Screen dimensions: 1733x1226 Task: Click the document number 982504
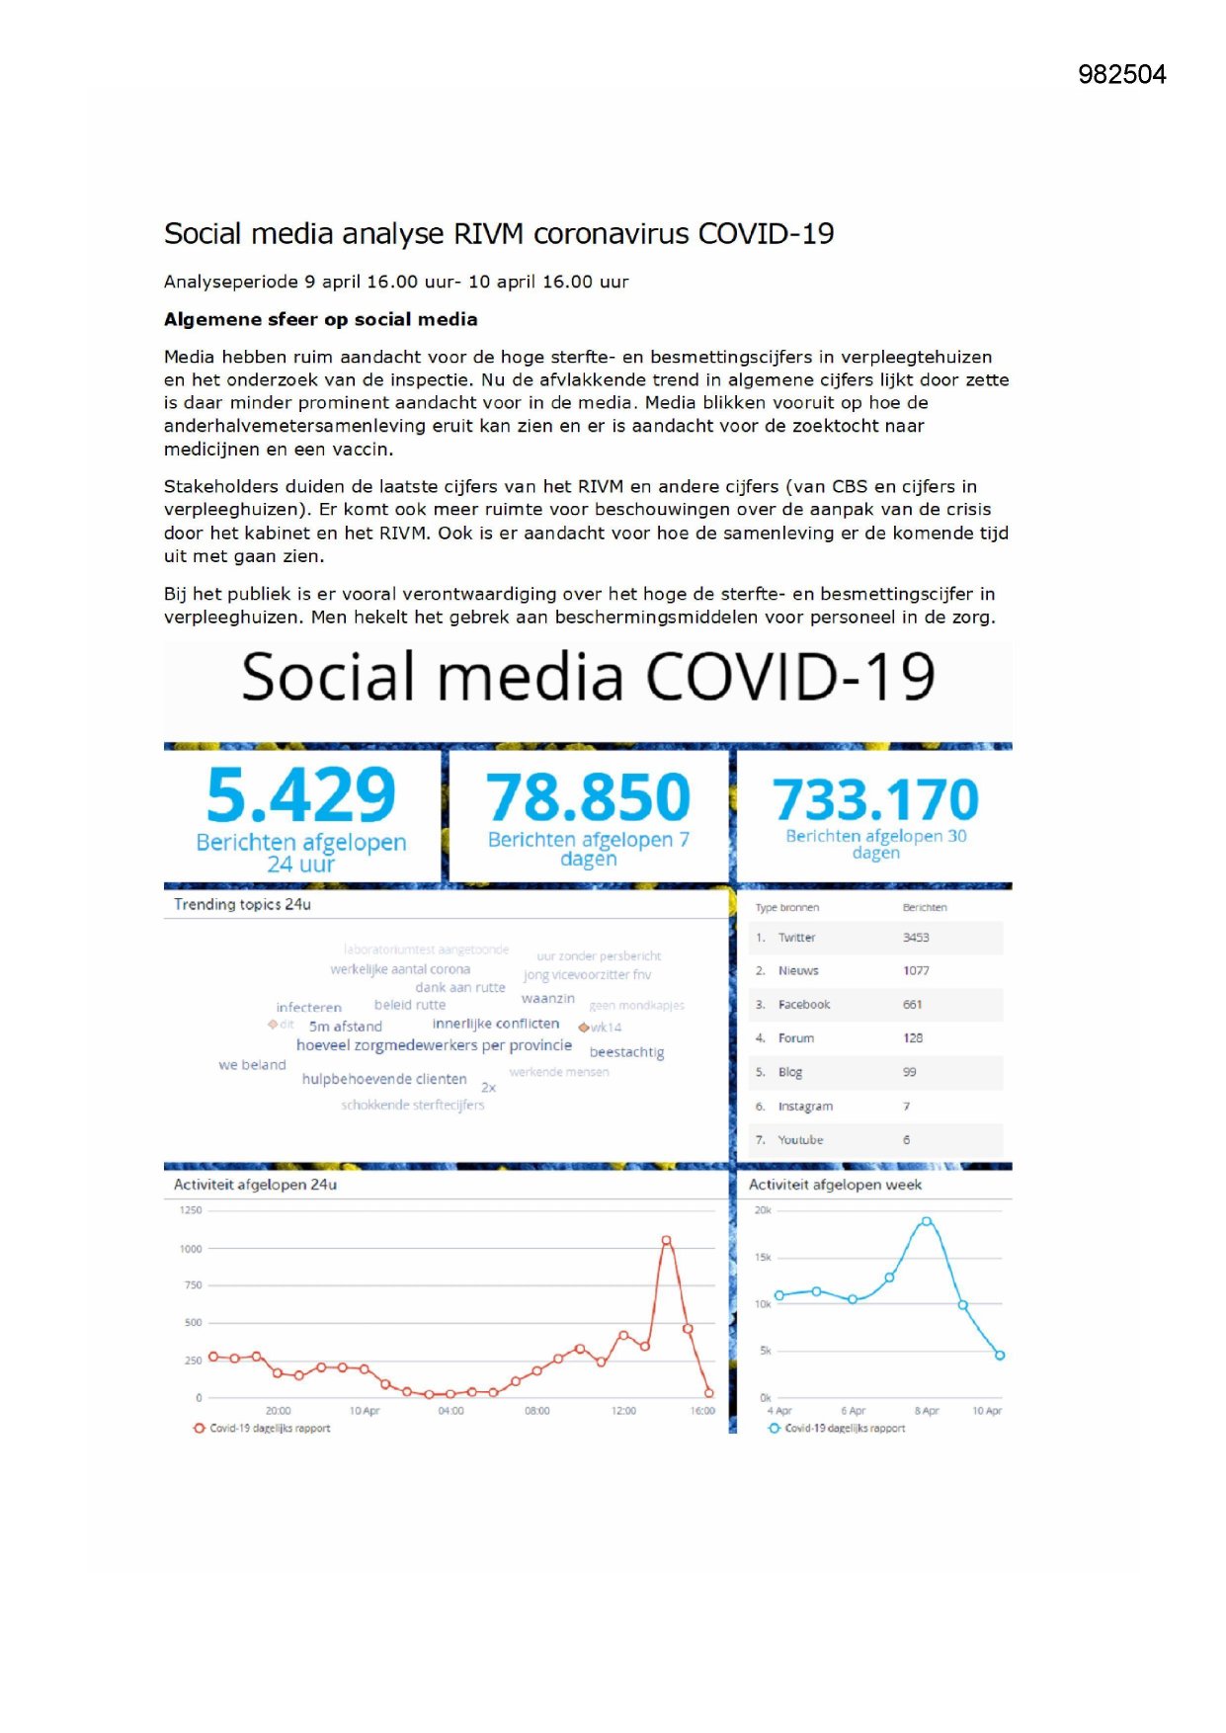click(1121, 75)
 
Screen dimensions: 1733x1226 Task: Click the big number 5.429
click(300, 795)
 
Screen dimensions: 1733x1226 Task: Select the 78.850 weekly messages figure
click(588, 797)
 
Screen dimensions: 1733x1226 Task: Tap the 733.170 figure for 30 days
click(875, 799)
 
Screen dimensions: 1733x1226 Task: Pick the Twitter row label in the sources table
click(796, 938)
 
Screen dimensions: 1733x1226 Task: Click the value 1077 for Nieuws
click(916, 971)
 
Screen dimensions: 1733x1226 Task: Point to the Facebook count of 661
click(912, 1005)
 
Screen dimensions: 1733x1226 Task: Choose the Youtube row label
click(800, 1140)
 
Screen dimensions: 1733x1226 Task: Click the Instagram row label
click(805, 1107)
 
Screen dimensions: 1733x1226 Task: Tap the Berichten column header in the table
click(925, 907)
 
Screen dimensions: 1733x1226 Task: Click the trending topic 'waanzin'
click(547, 999)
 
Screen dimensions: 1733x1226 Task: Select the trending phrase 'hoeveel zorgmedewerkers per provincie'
click(434, 1045)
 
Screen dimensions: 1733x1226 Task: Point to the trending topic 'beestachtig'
click(626, 1052)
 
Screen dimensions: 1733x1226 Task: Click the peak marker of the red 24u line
click(667, 1240)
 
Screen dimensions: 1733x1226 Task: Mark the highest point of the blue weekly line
click(926, 1222)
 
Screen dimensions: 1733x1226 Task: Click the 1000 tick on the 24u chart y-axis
click(191, 1249)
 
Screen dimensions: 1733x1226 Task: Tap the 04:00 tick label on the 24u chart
click(450, 1411)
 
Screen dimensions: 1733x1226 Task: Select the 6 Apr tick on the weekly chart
click(853, 1411)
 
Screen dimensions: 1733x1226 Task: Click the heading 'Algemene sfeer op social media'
click(320, 319)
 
